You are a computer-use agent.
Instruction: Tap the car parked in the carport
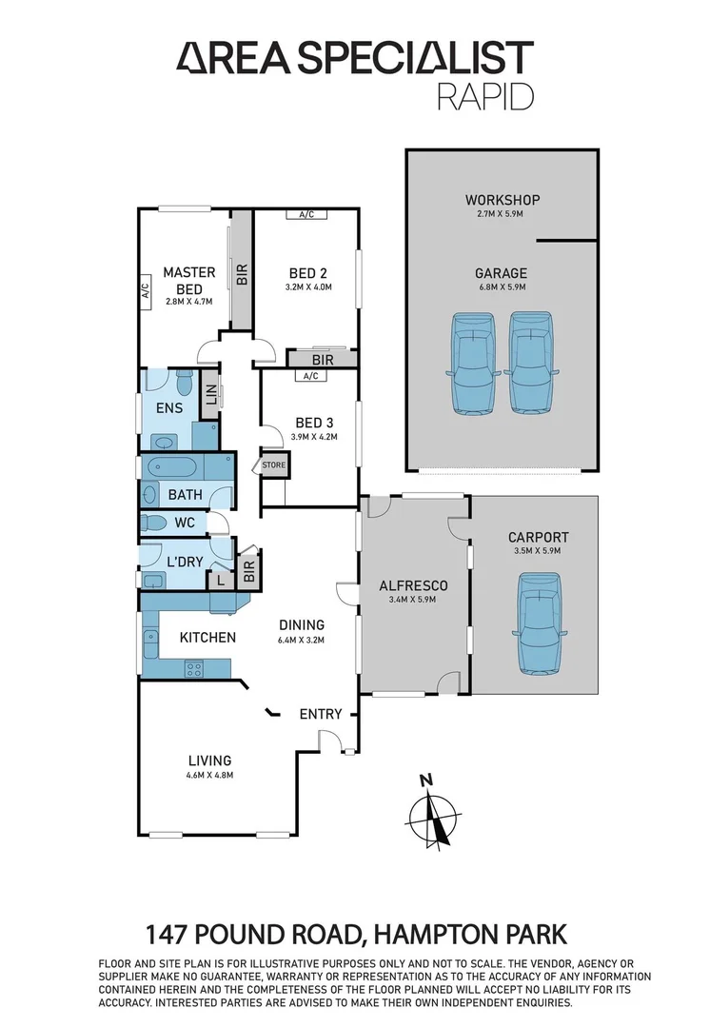pyautogui.click(x=539, y=623)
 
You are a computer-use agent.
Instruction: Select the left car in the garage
pyautogui.click(x=473, y=365)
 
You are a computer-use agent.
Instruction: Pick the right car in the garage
pyautogui.click(x=531, y=365)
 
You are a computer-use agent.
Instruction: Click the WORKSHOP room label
pyautogui.click(x=502, y=200)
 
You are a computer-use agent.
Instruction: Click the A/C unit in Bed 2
pyautogui.click(x=306, y=215)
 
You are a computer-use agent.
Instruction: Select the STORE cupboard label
pyautogui.click(x=274, y=465)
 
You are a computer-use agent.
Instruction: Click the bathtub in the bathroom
pyautogui.click(x=172, y=468)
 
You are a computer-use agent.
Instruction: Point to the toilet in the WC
pyautogui.click(x=153, y=522)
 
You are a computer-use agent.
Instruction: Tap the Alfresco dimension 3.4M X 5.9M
pyautogui.click(x=412, y=601)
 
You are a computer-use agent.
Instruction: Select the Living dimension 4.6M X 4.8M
pyautogui.click(x=209, y=776)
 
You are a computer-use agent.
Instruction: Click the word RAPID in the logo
pyautogui.click(x=485, y=97)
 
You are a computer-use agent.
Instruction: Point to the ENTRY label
pyautogui.click(x=320, y=714)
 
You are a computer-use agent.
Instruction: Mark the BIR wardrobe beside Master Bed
pyautogui.click(x=242, y=274)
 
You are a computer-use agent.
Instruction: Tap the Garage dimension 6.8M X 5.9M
pyautogui.click(x=502, y=287)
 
